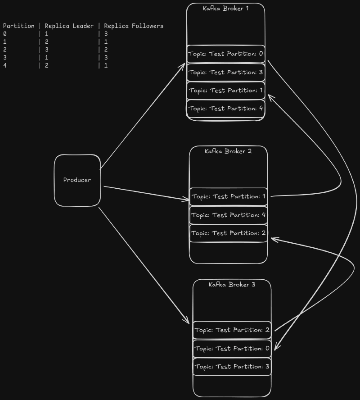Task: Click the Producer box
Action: pyautogui.click(x=77, y=180)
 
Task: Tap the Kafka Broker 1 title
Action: pyautogui.click(x=225, y=8)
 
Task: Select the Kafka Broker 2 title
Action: pyautogui.click(x=228, y=151)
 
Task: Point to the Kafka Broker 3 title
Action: pyautogui.click(x=232, y=284)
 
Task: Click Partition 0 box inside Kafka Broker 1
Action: pyautogui.click(x=225, y=54)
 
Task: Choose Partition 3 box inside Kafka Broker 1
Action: pyautogui.click(x=225, y=72)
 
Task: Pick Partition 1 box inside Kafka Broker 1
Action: pyautogui.click(x=225, y=91)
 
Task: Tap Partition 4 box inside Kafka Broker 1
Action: pyautogui.click(x=225, y=109)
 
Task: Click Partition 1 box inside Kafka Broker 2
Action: pyautogui.click(x=229, y=196)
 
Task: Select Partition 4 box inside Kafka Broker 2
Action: pyautogui.click(x=229, y=215)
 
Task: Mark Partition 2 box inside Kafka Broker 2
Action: pyautogui.click(x=229, y=233)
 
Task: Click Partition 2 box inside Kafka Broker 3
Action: pyautogui.click(x=232, y=330)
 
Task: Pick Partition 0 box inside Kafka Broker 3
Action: pyautogui.click(x=232, y=348)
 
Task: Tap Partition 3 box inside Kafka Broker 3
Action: pyautogui.click(x=232, y=367)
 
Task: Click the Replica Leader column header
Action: pyautogui.click(x=69, y=26)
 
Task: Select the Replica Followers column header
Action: pyautogui.click(x=134, y=26)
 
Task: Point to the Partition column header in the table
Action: pyautogui.click(x=18, y=26)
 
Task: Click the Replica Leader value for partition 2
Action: pyautogui.click(x=47, y=50)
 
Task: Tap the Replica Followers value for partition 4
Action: pyautogui.click(x=106, y=65)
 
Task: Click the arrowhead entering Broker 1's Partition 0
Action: pyautogui.click(x=183, y=65)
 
